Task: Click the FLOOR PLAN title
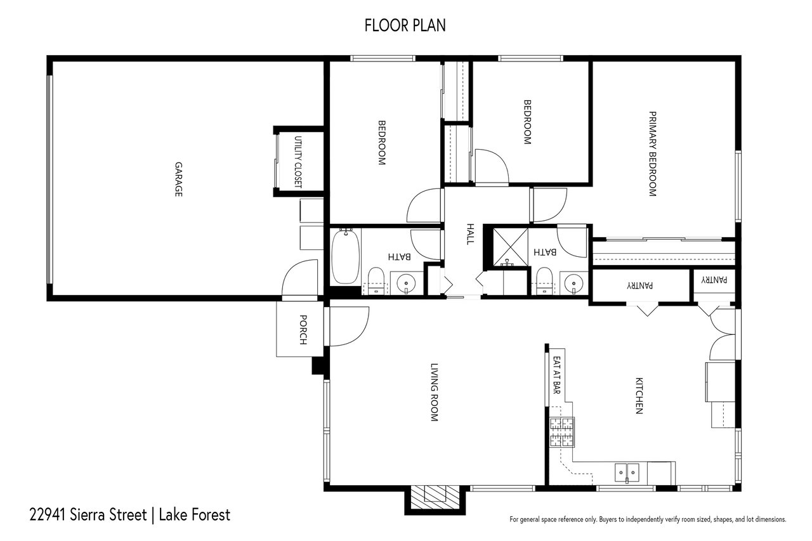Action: coord(405,25)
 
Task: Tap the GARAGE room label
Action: coord(179,179)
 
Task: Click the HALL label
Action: coord(470,234)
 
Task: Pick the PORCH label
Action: coord(303,330)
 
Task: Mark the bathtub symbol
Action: coord(345,257)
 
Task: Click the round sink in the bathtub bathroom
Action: coord(403,282)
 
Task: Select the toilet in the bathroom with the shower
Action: coord(544,280)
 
